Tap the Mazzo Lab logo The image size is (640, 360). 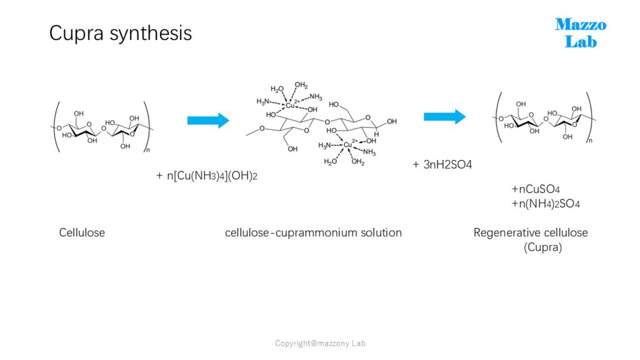[x=581, y=33]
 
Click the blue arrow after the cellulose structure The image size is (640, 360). [x=208, y=121]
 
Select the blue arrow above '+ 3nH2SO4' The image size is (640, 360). [x=444, y=117]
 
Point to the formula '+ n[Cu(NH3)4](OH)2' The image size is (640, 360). [x=207, y=176]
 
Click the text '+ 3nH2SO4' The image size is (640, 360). [x=442, y=164]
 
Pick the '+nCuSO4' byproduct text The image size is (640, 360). [x=536, y=189]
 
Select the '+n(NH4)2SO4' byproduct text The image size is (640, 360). [x=546, y=204]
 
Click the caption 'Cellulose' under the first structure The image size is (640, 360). [x=82, y=232]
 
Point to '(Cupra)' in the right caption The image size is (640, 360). [x=543, y=247]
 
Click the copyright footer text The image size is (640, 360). [x=320, y=343]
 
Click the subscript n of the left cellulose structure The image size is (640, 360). [x=148, y=150]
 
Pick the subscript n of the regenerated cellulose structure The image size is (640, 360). [x=590, y=141]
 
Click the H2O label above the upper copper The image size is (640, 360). [x=277, y=89]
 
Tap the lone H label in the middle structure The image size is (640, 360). [x=376, y=134]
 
